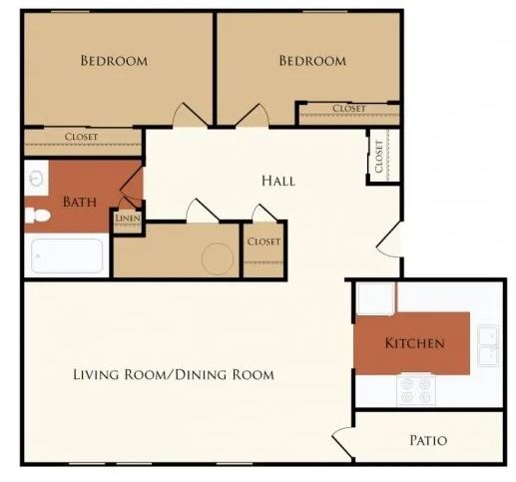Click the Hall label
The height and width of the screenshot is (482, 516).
coord(278,181)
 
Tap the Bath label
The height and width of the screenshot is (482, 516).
coord(80,202)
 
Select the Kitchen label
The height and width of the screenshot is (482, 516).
coord(414,343)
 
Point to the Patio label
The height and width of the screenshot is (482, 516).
coord(428,440)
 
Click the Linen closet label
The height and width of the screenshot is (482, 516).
coord(128,219)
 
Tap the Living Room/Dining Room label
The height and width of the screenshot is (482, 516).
coord(174,374)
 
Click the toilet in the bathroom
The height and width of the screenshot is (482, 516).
coord(37,216)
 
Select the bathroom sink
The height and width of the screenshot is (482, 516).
coord(36,179)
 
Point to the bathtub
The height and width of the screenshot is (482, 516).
coord(67,255)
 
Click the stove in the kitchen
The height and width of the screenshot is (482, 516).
coord(416,390)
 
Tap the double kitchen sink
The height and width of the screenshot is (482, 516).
coord(488,345)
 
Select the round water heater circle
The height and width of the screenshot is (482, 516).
coord(218,258)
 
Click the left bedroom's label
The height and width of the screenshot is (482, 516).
coord(114,61)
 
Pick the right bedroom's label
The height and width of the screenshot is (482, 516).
coord(312,61)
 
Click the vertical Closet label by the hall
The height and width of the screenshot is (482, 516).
coord(379,156)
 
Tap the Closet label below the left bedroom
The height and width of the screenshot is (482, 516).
coord(81,137)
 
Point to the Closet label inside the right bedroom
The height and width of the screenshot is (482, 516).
coord(349,109)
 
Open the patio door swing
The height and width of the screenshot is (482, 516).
coord(342,442)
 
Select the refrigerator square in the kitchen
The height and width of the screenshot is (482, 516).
coord(375,298)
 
